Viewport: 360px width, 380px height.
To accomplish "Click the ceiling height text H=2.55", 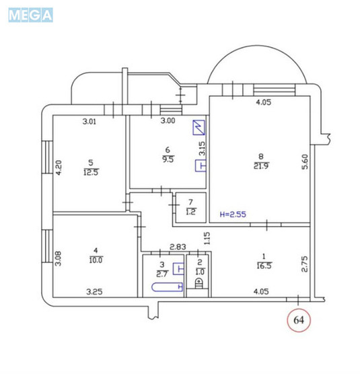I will click(x=233, y=216).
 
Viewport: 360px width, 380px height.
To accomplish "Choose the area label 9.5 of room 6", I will click(x=168, y=159).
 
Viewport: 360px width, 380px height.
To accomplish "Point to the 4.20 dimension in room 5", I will click(x=59, y=165).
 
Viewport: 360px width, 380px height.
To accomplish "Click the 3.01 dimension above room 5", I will click(x=90, y=122).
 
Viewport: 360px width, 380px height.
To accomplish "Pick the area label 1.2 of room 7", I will click(x=190, y=213).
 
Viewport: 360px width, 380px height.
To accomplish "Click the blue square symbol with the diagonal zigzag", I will click(x=198, y=128).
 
